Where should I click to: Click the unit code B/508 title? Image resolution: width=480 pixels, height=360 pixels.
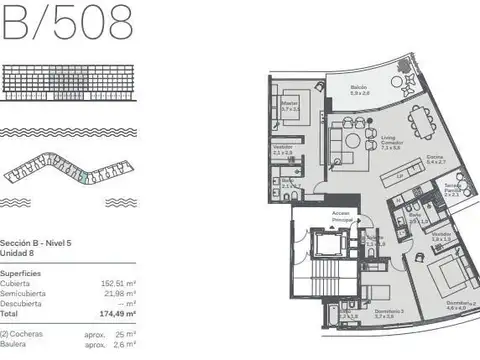(x=64, y=22)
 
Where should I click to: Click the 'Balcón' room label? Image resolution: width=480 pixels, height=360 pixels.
(x=359, y=90)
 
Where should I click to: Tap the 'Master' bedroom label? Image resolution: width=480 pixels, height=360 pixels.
(x=292, y=102)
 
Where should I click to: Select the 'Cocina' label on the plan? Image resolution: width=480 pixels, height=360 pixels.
(x=435, y=158)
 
